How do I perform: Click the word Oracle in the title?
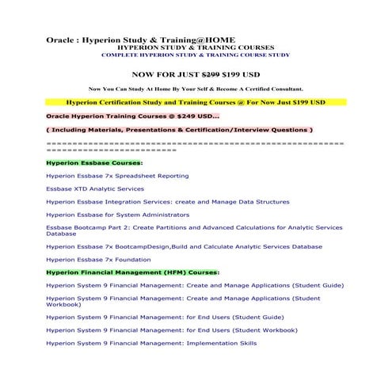[60, 39]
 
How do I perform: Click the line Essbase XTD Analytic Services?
[95, 188]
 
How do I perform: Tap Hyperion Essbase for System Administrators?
[120, 214]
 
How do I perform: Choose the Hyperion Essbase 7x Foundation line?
[98, 259]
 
